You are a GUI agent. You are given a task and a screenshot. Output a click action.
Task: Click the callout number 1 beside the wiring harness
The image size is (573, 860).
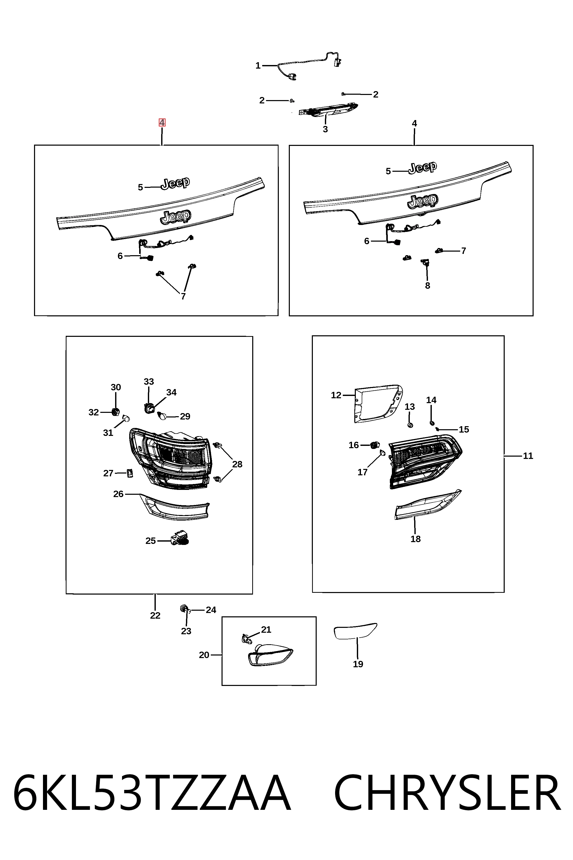(258, 66)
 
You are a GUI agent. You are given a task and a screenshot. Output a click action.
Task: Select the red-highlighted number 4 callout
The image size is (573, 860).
(162, 123)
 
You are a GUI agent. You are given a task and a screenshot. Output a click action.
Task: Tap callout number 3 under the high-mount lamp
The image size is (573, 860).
(325, 129)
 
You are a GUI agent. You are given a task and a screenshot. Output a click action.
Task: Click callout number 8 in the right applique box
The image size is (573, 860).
(427, 286)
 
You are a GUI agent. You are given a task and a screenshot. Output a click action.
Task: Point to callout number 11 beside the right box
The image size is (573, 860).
(528, 456)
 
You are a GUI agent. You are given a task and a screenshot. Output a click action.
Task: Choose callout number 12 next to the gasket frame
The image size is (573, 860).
(336, 395)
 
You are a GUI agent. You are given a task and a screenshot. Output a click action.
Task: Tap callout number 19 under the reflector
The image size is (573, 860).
(358, 664)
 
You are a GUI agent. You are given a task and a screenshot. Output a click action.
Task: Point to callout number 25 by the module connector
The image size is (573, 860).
(151, 541)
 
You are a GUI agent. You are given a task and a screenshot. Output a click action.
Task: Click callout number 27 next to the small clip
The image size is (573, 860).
(108, 473)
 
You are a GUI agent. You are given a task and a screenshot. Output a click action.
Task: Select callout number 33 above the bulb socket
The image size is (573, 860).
(149, 381)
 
